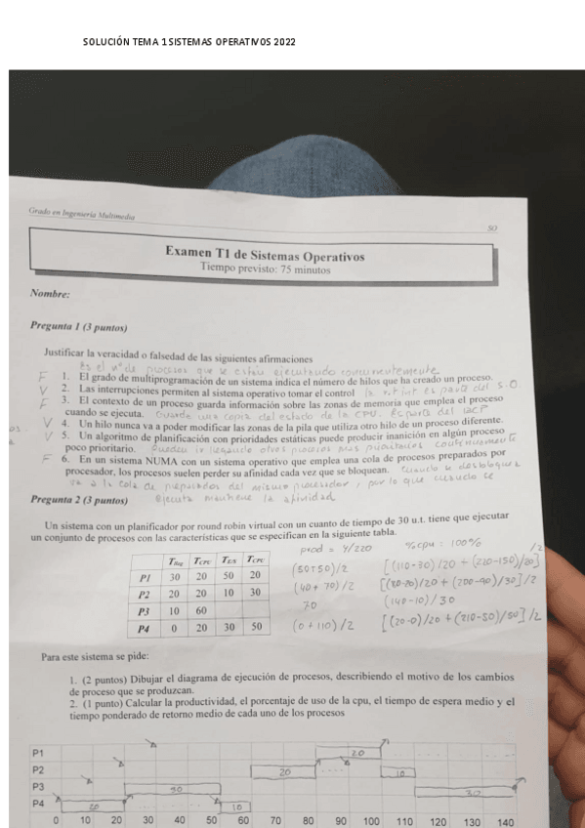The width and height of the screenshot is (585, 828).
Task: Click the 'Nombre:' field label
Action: point(50,293)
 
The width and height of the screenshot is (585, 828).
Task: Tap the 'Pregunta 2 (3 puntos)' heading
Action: point(79,500)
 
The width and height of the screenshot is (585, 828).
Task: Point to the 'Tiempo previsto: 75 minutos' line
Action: point(265,269)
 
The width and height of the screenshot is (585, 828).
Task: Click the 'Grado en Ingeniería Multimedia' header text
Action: point(82,216)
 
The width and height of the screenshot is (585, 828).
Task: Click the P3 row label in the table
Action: point(145,610)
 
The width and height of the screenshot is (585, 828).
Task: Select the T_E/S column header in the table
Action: point(230,559)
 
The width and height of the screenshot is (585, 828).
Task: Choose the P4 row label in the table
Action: point(145,628)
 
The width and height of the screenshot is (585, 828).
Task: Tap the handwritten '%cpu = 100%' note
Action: point(438,544)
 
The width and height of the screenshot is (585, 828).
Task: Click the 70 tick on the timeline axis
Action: point(276,822)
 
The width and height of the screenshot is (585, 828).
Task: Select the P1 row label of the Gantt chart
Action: point(38,753)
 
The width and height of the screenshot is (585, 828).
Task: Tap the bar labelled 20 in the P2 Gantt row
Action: point(284,772)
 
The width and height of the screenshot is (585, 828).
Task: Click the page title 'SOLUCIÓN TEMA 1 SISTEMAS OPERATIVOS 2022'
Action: point(189,43)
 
